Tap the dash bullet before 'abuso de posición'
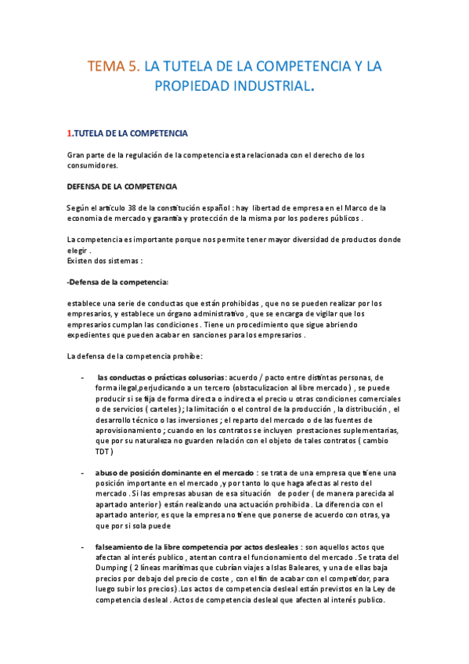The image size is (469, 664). click(83, 472)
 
